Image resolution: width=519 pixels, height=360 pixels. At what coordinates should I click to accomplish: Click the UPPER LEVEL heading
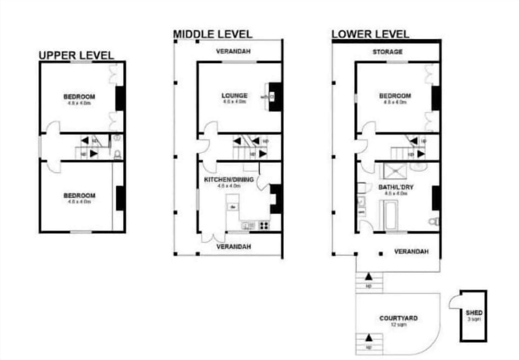(76, 55)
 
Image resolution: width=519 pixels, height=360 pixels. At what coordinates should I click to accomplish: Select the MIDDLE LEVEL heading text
(212, 34)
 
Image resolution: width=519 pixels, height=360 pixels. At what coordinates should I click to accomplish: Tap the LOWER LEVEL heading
(370, 34)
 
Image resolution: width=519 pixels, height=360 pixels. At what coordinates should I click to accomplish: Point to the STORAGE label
(387, 52)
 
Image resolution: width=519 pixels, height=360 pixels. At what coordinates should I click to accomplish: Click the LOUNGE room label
(234, 96)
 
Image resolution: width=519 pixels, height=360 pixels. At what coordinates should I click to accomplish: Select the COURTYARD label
(398, 318)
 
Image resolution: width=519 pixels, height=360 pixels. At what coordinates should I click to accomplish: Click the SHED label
(474, 312)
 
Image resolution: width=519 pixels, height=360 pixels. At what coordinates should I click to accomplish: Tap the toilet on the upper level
(117, 155)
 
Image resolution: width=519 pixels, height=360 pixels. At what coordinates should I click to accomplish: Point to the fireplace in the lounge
(274, 96)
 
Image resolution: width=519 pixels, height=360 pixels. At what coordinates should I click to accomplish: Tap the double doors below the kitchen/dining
(213, 237)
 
